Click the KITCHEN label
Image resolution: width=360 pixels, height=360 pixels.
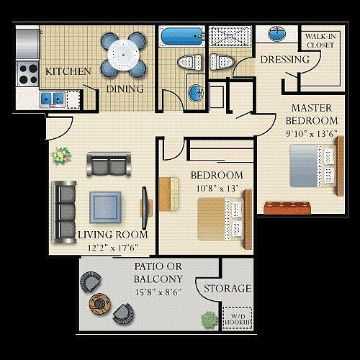68,71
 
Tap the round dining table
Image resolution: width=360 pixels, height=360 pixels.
123,53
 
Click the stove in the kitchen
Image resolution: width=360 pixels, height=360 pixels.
27,71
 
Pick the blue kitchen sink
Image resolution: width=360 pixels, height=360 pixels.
53,97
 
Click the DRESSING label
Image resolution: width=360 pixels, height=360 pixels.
285,60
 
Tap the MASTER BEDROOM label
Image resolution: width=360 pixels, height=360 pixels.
312,114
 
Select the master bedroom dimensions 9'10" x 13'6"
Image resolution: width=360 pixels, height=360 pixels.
312,132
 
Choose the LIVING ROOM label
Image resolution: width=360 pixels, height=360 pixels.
112,235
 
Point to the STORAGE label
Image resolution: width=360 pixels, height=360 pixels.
227,289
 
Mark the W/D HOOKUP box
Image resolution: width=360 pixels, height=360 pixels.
238,317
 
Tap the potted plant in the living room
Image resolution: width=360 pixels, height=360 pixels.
60,154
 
